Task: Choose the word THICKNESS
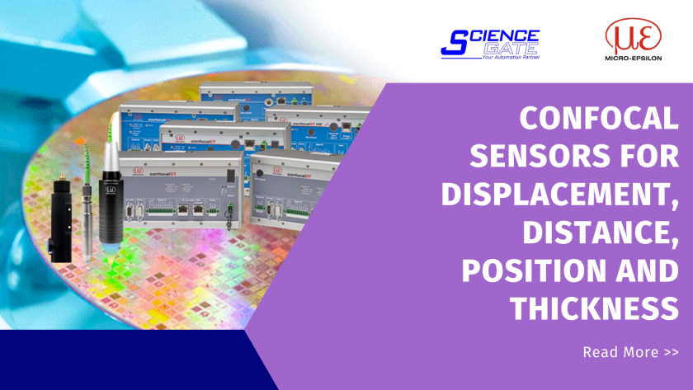(594, 308)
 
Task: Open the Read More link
(630, 352)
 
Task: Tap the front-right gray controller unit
(292, 190)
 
